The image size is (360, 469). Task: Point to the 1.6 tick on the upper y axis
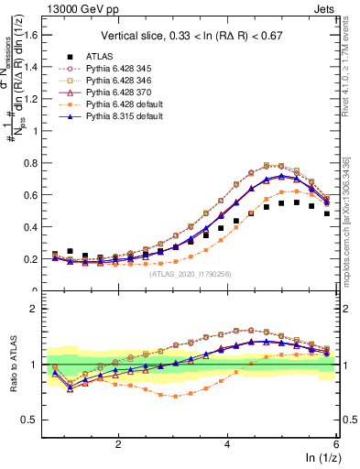(x=36, y=35)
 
